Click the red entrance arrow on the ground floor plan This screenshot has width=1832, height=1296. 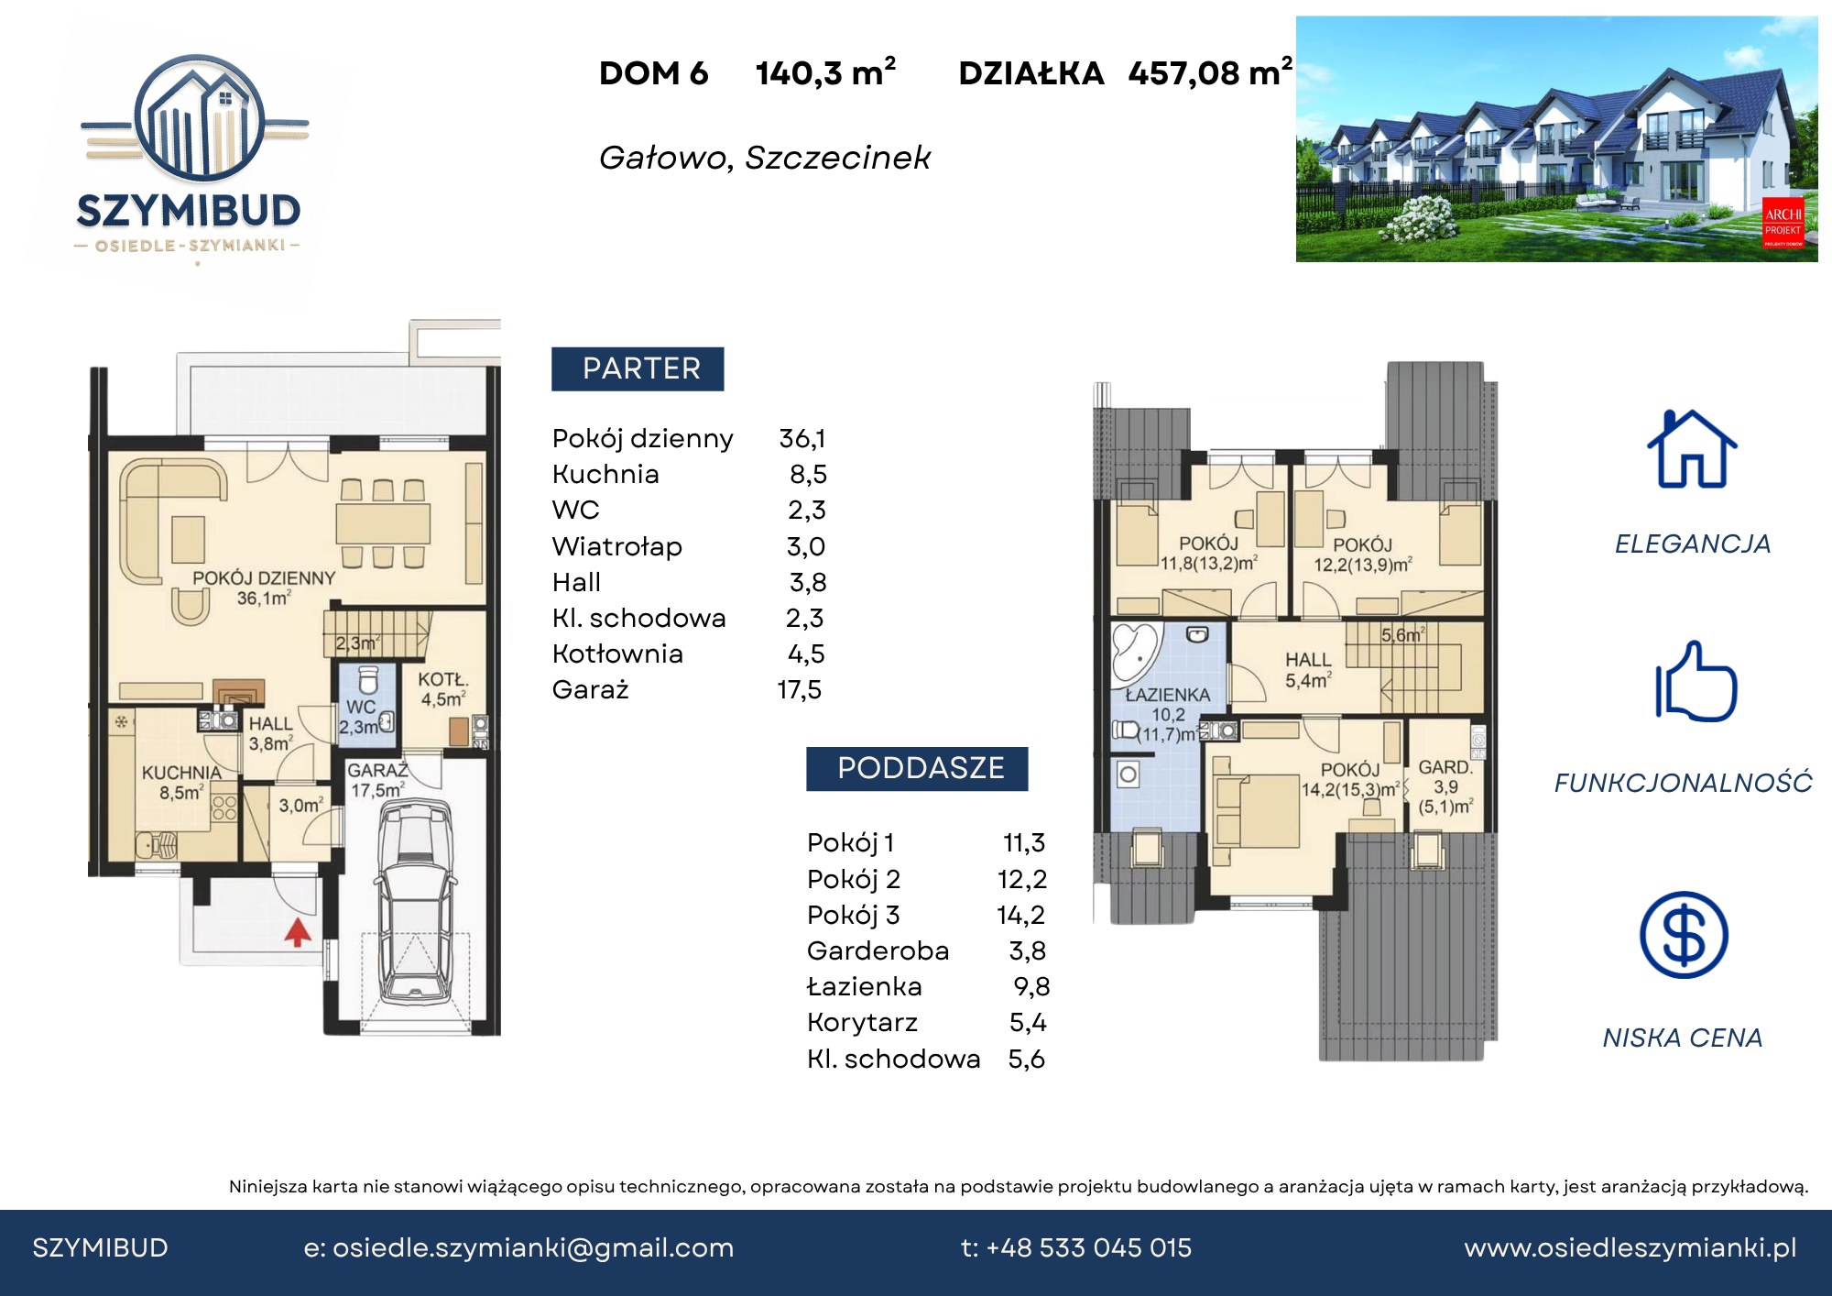[297, 932]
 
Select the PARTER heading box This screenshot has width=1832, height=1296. [638, 368]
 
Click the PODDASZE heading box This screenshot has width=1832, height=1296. [917, 768]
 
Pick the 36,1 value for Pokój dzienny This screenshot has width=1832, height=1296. [802, 439]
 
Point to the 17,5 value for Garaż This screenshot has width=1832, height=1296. [800, 690]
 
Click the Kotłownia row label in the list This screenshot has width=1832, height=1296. [617, 654]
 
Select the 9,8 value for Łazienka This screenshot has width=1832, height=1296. [1031, 987]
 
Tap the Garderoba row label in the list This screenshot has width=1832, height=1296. [878, 951]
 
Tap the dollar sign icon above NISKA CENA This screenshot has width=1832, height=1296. [1684, 935]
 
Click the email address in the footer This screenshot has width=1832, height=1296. [518, 1248]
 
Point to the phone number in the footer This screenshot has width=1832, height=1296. [1076, 1248]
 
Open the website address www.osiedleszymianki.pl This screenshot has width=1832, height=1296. [1630, 1248]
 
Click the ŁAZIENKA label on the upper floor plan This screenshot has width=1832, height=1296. [1168, 696]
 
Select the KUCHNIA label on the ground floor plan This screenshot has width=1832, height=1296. [181, 773]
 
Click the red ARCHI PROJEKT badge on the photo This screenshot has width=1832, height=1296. [1783, 223]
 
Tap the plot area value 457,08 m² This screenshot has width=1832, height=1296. [1210, 72]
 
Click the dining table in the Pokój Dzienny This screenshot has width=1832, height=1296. [383, 523]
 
